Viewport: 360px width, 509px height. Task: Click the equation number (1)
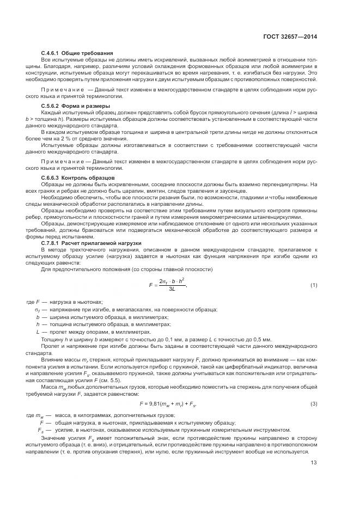pyautogui.click(x=314, y=285)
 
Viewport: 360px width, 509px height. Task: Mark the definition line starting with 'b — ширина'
pyautogui.click(x=108, y=316)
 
